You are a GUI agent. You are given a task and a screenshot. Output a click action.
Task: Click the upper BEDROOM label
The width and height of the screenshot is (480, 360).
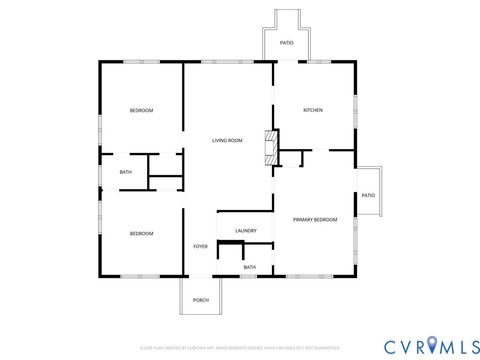coord(141,110)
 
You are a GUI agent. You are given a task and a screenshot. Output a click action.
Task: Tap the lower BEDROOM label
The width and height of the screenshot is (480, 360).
coord(141,233)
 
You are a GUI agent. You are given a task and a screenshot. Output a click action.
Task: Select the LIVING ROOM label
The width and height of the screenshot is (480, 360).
coord(227,141)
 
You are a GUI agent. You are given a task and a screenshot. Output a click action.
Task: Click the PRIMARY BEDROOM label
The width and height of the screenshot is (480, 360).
coord(314,219)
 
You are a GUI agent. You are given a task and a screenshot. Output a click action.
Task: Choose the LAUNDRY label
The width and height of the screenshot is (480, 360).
coord(246,231)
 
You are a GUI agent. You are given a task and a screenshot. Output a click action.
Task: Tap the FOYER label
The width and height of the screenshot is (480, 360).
coord(201,246)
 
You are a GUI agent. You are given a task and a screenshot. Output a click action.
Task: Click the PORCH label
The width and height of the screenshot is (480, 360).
coord(201,300)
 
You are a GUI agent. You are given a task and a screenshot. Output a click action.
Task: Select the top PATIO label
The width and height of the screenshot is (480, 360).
coord(287,44)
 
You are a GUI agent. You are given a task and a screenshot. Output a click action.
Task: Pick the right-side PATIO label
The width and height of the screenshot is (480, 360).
coord(368,195)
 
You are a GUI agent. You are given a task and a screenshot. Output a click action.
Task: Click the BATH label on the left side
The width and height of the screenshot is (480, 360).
coord(126,172)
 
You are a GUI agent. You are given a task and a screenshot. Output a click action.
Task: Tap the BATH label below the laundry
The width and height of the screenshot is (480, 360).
coord(249,267)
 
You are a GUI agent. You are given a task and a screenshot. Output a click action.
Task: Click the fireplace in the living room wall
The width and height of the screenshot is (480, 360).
coord(268,147)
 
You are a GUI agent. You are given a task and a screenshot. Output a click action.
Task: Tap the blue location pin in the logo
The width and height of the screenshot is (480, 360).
coord(432,345)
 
